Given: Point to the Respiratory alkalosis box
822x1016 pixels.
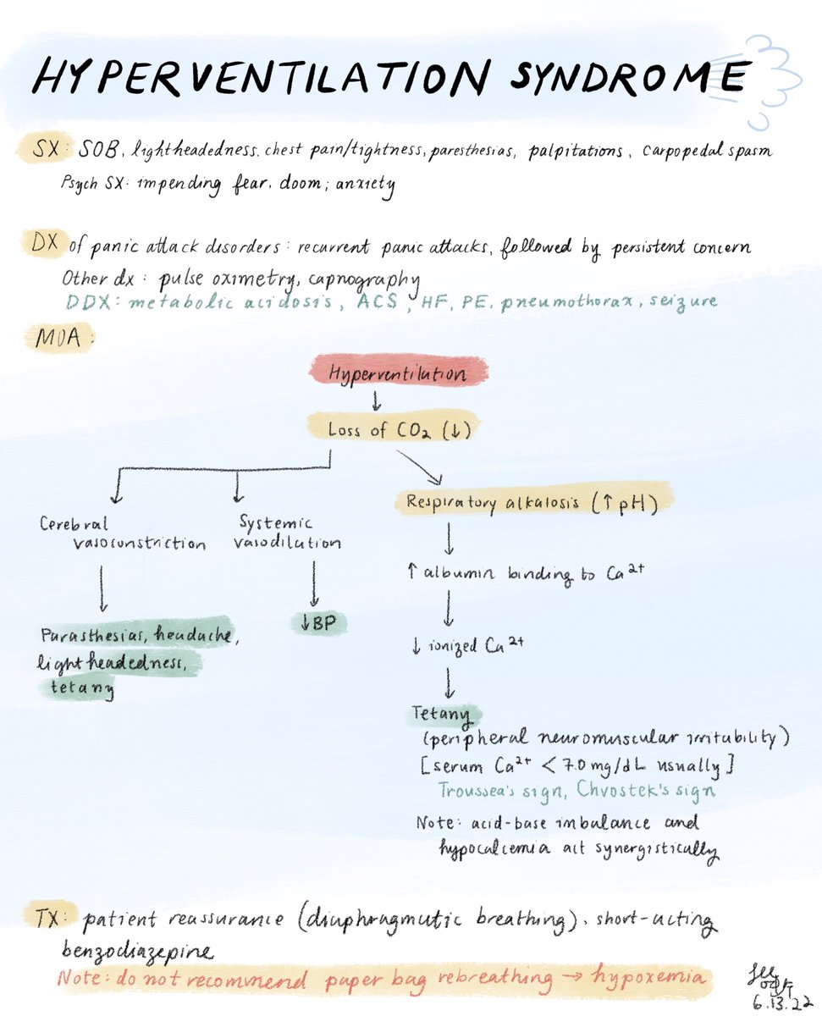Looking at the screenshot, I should (x=532, y=501).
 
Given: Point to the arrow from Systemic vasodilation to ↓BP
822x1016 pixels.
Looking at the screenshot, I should (x=315, y=583).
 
